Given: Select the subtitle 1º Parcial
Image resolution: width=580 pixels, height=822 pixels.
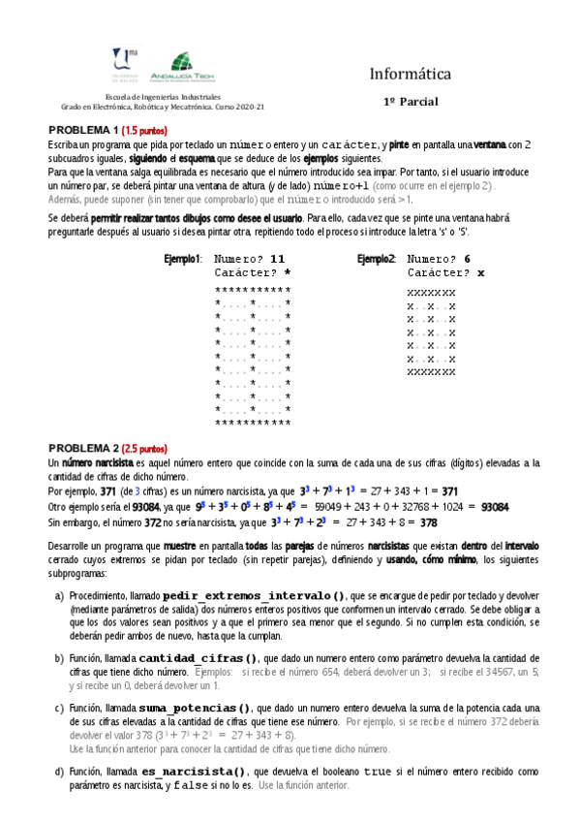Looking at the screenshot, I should (x=411, y=101).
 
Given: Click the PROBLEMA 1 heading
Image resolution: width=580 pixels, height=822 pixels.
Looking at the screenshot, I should (x=83, y=131).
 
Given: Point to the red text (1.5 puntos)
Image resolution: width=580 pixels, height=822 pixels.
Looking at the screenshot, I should (x=144, y=131).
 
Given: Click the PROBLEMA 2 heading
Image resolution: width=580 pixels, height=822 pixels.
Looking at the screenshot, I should (x=83, y=450).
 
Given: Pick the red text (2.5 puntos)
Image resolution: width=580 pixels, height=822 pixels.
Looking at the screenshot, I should (x=144, y=450).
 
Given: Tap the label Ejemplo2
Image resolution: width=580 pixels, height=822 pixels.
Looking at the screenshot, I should (x=377, y=260).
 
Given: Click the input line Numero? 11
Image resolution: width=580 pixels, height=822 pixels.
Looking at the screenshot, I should (x=250, y=260).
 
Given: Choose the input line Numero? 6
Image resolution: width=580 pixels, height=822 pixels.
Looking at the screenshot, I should (x=440, y=260).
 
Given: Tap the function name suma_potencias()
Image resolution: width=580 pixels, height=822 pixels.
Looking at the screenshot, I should (x=195, y=709).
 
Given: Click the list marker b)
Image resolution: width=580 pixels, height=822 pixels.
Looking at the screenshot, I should (x=60, y=659).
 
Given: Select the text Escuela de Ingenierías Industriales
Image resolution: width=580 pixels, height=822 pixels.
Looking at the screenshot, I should (x=162, y=97).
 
